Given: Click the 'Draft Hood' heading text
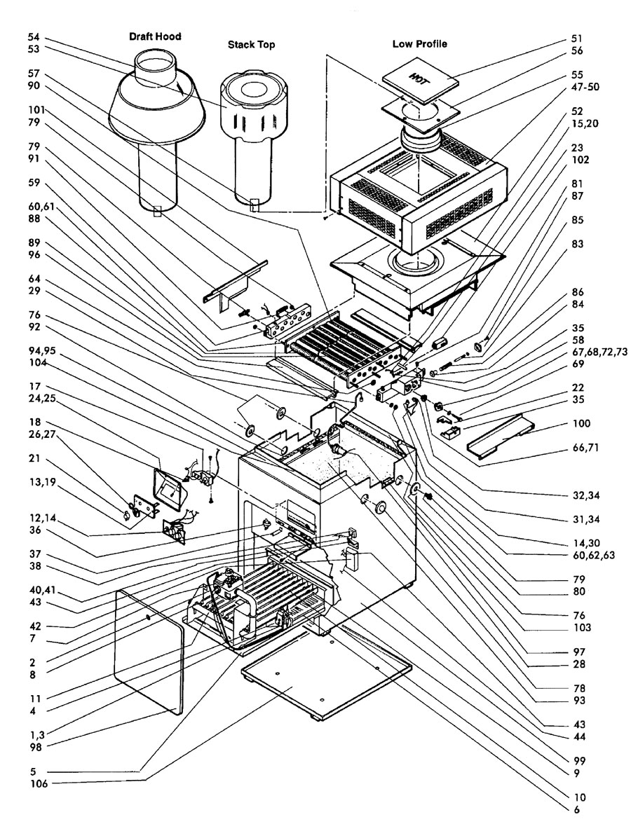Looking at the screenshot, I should [x=155, y=36].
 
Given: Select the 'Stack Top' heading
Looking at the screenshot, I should [x=251, y=44].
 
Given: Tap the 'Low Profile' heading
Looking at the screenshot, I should [x=419, y=44].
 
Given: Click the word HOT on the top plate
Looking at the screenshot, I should [x=419, y=77].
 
